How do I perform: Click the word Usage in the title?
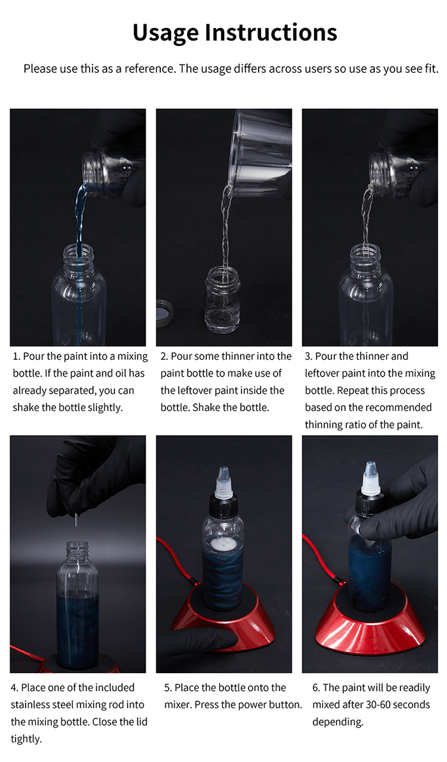165,33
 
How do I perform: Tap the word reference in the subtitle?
150,68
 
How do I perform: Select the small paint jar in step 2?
223,300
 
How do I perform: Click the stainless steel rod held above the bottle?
76,520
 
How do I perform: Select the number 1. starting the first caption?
17,356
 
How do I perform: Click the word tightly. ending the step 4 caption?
26,739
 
